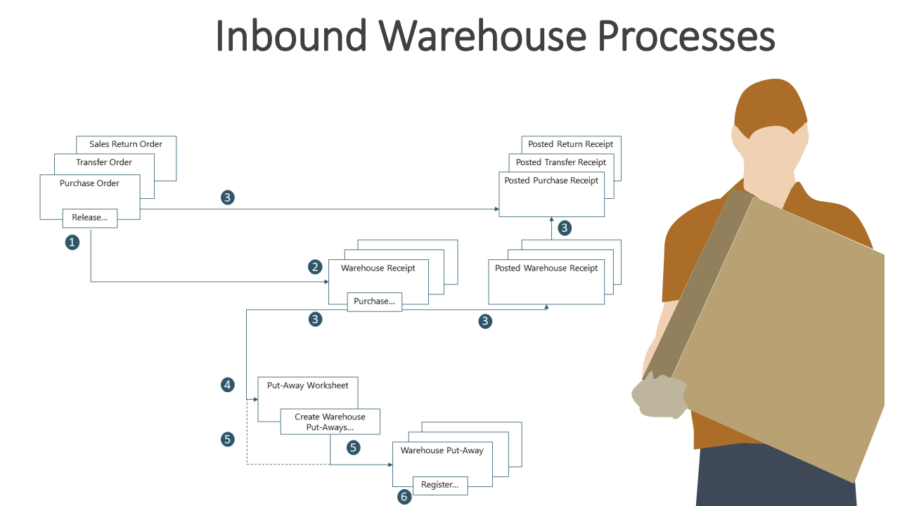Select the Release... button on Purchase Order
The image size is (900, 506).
(x=90, y=218)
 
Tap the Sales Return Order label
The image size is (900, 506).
(x=126, y=144)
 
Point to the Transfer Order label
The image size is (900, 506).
(x=104, y=162)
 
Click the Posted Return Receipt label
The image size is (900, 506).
(x=570, y=144)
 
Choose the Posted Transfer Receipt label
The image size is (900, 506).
(x=560, y=162)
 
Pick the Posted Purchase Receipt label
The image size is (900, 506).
(x=551, y=181)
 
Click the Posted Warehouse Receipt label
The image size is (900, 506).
(x=546, y=268)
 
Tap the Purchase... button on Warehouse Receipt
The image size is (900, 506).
(x=375, y=301)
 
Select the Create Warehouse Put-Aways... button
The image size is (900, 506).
(x=330, y=422)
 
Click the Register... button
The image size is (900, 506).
(x=439, y=484)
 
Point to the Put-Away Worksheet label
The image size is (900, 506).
(x=307, y=385)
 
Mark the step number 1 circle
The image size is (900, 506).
(x=72, y=242)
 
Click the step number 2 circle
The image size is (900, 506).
(x=315, y=267)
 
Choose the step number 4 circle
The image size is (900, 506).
(x=227, y=384)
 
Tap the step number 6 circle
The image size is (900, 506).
(x=404, y=497)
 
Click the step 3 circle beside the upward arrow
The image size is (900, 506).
(x=565, y=228)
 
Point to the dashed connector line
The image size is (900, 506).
(x=281, y=465)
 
